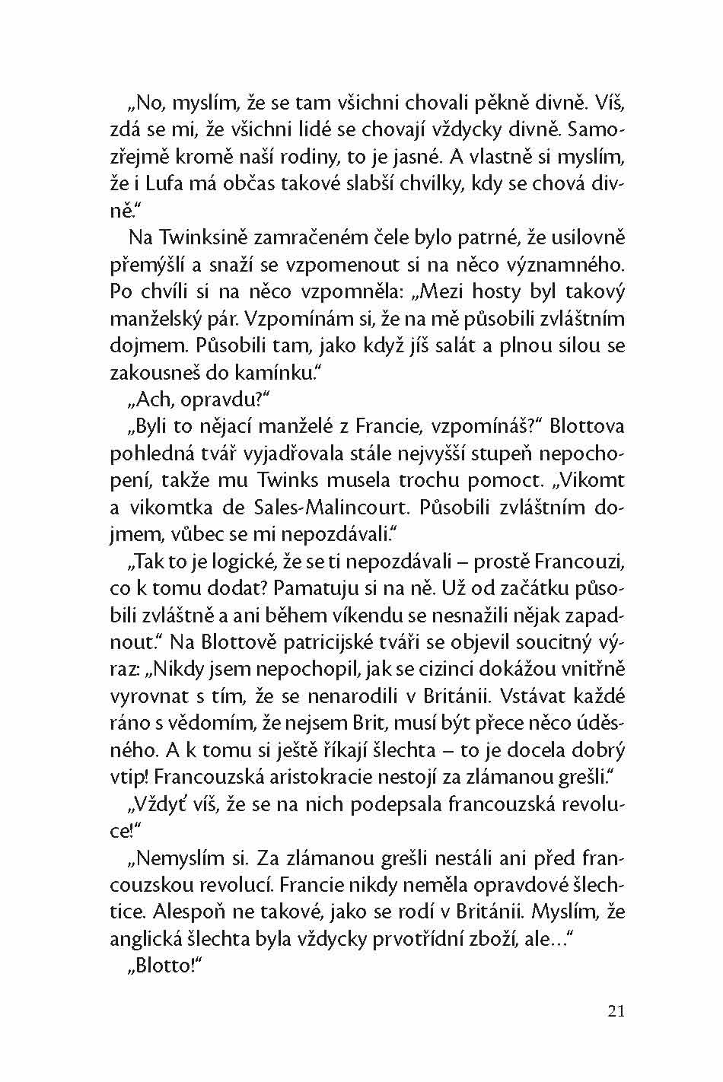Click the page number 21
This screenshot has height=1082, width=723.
click(616, 1011)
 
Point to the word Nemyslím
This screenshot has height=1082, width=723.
click(183, 859)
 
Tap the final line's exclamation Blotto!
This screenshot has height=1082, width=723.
click(163, 967)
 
